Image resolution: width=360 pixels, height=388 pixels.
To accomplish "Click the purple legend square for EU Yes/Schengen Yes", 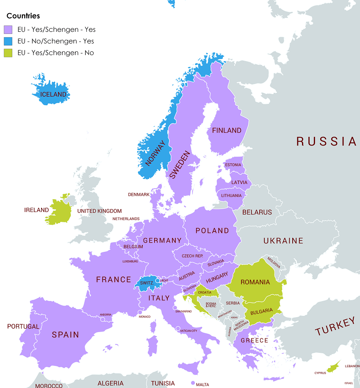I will point(8,30).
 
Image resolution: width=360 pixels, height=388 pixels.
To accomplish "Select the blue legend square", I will point(8,41).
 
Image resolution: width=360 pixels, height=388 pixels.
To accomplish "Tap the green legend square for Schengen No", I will point(8,53).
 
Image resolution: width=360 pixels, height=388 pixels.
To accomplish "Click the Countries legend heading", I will point(23,16).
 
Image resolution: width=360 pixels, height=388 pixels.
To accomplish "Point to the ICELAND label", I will point(53,95).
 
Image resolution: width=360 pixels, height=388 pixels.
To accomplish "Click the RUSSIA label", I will point(326,141).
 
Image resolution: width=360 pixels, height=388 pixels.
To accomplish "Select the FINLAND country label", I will point(227,131).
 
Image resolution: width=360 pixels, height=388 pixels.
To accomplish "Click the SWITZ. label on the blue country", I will point(147,283).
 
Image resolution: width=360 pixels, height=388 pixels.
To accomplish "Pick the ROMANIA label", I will point(255,282).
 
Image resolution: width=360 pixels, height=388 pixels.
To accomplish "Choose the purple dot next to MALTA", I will point(193,383).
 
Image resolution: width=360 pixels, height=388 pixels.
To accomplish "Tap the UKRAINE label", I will point(283,241).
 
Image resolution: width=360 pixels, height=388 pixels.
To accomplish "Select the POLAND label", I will point(212,231).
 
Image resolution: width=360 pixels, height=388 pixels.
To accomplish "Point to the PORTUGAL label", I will point(23,327).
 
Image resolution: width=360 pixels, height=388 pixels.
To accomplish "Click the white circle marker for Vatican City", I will point(178,328).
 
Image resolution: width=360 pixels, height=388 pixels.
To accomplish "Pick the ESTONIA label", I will point(233,165).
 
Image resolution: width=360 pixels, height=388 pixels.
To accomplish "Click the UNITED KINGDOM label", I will point(99,211).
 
